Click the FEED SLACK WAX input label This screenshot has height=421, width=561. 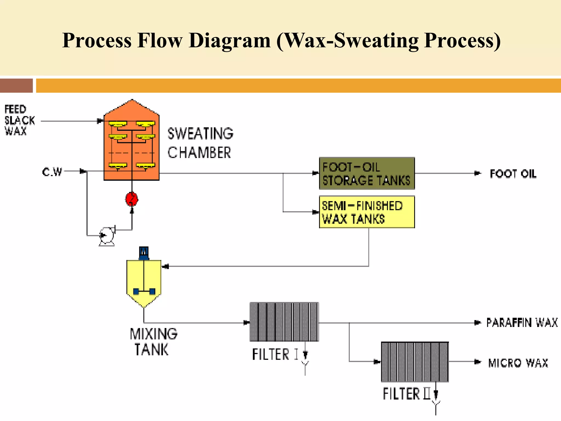[x=19, y=120]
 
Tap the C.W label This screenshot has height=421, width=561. [x=52, y=172]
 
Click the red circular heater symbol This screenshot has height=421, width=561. [x=132, y=199]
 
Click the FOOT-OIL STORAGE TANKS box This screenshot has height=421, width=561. [x=367, y=173]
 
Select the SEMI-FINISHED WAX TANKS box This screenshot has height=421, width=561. [x=367, y=212]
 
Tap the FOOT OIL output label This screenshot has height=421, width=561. [x=513, y=174]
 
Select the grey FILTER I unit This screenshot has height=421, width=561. [x=284, y=322]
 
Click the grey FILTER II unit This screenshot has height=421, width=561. [x=415, y=362]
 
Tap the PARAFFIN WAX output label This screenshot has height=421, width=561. [x=522, y=323]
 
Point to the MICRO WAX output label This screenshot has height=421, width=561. [x=518, y=363]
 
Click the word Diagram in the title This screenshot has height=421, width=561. [x=230, y=41]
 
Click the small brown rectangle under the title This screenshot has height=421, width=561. [x=16, y=86]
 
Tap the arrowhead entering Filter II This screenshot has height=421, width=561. [x=377, y=362]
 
